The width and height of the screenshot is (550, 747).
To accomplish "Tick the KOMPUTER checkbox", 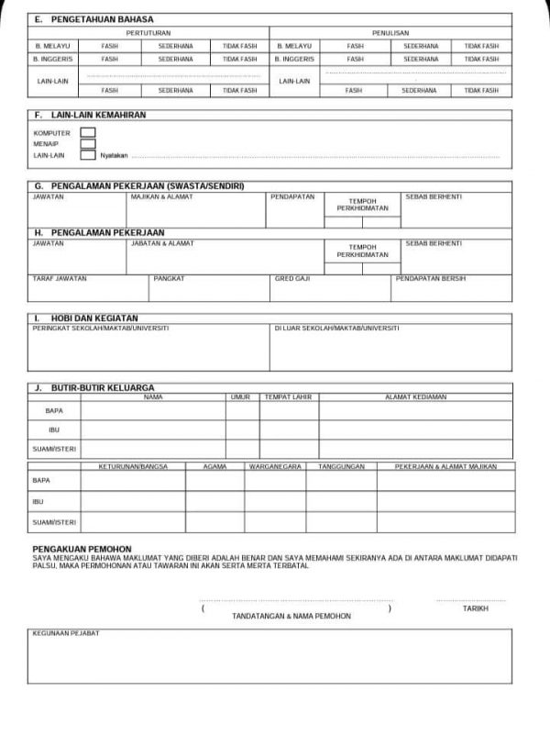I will click(x=88, y=132).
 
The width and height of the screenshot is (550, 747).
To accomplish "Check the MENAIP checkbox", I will click(x=88, y=144).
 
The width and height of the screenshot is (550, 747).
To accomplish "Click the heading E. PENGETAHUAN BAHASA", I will click(x=95, y=19).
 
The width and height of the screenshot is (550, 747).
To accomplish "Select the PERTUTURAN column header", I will click(x=148, y=32).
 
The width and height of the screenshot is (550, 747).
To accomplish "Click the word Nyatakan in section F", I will click(x=115, y=156).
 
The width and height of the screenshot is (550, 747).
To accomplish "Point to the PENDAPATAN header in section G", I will click(x=292, y=196).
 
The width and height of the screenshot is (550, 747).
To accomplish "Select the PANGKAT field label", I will click(x=170, y=277).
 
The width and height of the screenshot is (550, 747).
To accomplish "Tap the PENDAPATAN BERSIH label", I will click(x=428, y=277).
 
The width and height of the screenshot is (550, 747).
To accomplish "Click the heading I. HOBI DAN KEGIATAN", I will click(x=86, y=318).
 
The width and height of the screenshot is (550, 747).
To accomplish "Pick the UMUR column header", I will click(x=241, y=397).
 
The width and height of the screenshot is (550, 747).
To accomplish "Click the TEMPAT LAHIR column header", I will click(x=288, y=397).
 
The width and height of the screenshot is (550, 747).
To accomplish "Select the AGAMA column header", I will click(x=215, y=466).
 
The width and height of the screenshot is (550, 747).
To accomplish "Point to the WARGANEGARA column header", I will click(x=275, y=466).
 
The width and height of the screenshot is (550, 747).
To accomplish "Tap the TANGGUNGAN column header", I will click(x=341, y=466).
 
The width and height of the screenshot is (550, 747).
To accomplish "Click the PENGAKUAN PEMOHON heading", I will click(x=82, y=548).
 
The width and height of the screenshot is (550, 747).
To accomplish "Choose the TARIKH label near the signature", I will click(x=475, y=608).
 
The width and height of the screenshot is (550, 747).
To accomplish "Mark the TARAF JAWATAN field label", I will click(x=59, y=277).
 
